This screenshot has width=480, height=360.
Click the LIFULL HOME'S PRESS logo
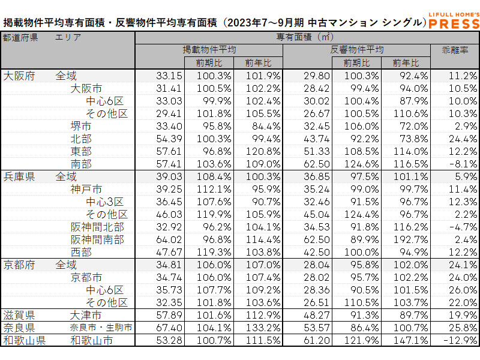coord(455,20)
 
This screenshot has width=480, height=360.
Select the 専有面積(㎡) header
coord(307,37)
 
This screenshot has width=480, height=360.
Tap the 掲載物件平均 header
coord(209,50)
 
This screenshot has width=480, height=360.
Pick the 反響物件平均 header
coord(356,50)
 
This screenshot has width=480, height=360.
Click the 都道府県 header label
coord(20,37)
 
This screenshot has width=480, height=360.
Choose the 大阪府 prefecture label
coord(19,76)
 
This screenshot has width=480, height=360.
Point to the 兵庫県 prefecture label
coord(19,177)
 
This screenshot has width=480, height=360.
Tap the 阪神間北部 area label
coord(97,227)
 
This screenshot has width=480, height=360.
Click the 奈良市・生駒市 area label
coord(101,328)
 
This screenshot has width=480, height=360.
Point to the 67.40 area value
coord(161,328)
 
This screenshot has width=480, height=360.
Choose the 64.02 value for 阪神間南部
coord(161,239)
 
